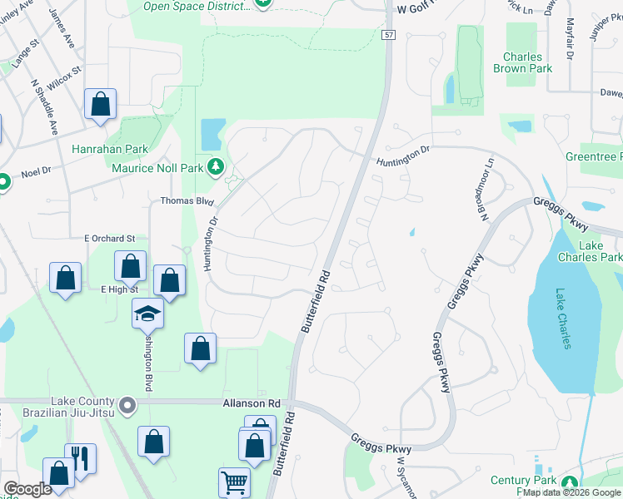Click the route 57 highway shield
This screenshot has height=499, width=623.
(x=389, y=34)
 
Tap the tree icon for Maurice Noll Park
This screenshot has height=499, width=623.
(x=216, y=166)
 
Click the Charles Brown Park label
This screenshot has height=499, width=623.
(x=522, y=63)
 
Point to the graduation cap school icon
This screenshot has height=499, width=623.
(x=147, y=313)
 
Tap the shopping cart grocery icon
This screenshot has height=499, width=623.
(x=234, y=482)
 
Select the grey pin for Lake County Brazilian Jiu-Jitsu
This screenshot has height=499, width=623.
(x=127, y=405)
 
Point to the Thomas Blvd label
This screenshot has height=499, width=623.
(x=187, y=201)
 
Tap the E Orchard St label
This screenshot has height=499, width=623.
(x=109, y=239)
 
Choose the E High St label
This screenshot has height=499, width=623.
(x=117, y=289)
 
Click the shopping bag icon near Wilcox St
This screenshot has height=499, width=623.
(x=100, y=105)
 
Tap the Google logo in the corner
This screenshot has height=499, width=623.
(x=27, y=488)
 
